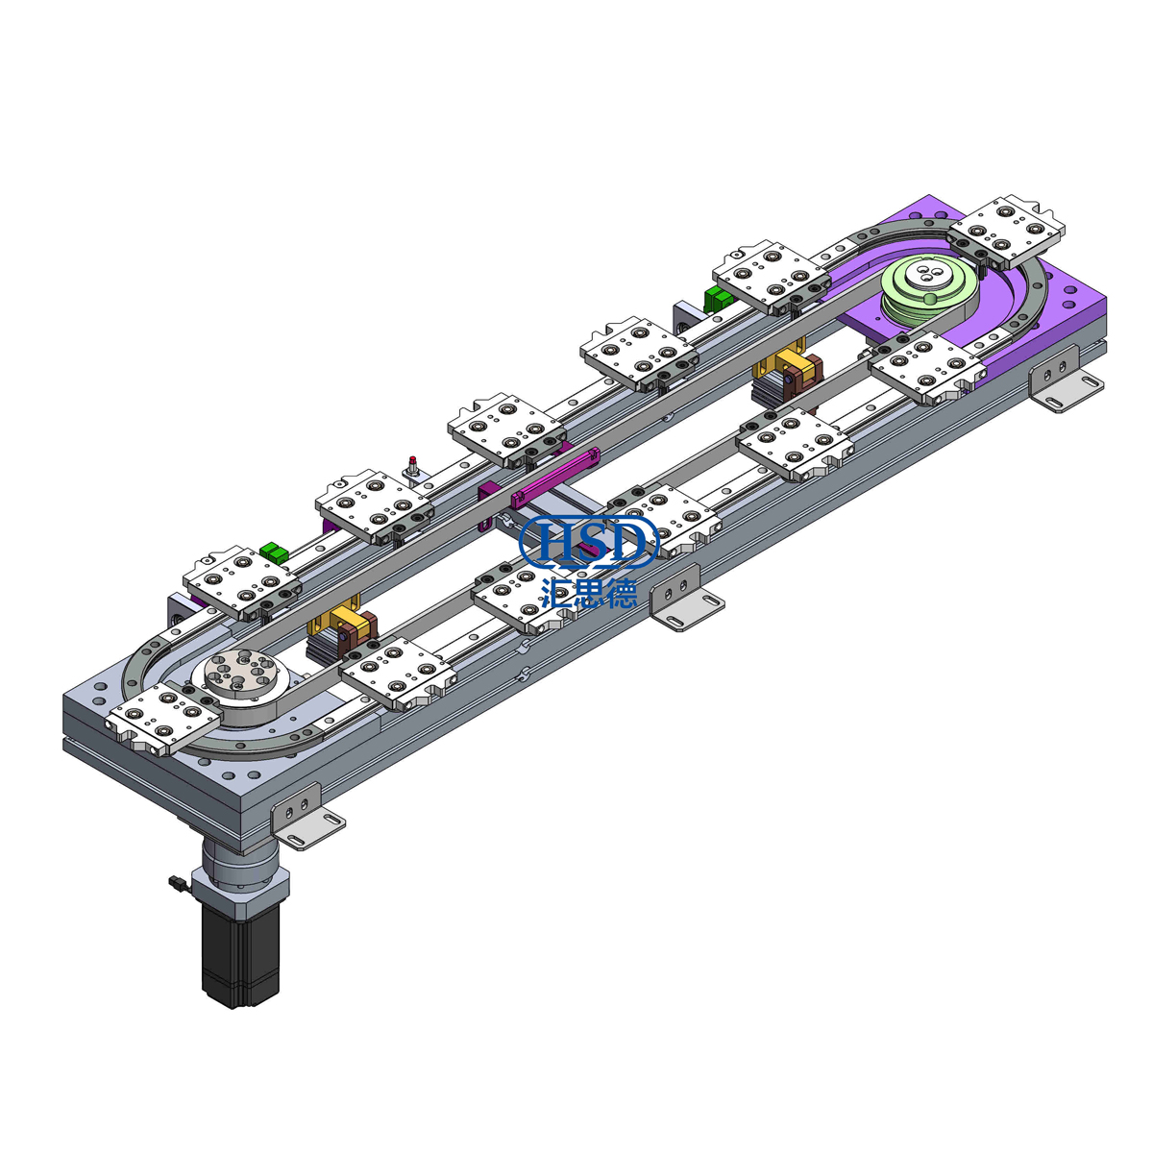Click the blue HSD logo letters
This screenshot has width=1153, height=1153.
(x=589, y=541)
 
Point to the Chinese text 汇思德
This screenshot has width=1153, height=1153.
(x=589, y=591)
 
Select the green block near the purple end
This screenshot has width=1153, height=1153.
(x=717, y=299)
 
